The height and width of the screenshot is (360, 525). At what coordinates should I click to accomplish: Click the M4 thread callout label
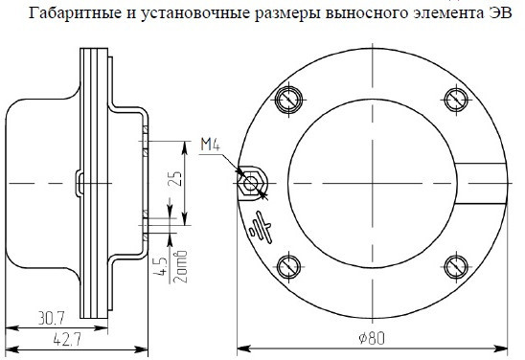point(210,145)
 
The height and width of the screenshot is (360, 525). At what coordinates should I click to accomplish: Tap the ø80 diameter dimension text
point(372,338)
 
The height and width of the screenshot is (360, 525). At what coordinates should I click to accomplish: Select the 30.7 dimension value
point(51,318)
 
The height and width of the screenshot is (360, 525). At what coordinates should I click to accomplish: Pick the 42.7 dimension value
point(67,340)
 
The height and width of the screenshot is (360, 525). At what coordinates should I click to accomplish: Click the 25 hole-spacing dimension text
point(176,178)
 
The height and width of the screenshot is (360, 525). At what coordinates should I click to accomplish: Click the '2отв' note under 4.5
point(181,266)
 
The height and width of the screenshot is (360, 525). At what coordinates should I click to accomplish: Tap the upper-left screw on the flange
point(288,100)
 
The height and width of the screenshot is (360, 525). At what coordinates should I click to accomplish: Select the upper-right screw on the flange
point(456,100)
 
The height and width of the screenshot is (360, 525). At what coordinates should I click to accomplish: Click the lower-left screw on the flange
point(288,267)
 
